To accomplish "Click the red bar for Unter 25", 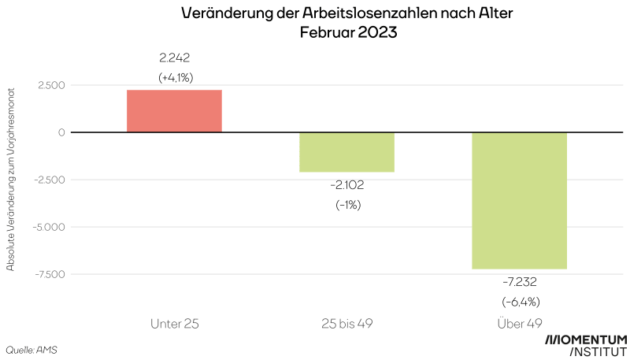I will [174, 111].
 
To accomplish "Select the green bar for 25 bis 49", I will [346, 152].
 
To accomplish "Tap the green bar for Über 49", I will [519, 201].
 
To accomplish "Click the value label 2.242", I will [175, 58].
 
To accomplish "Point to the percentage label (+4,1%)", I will [175, 77].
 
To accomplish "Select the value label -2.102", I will [346, 185].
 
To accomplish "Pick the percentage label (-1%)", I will [346, 205].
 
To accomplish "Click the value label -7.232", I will [520, 281].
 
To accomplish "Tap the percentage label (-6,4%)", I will [520, 302].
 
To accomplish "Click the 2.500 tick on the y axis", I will [49, 85].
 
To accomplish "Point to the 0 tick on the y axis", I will [61, 132].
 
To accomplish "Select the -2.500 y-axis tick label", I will [47, 180].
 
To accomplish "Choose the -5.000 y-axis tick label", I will [46, 227].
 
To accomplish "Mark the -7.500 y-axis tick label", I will [47, 274].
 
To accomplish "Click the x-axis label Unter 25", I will [174, 322].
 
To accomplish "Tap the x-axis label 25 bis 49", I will [346, 322].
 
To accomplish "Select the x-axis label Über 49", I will [520, 322].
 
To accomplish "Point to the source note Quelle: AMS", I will [31, 349].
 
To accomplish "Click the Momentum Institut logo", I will [586, 345].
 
